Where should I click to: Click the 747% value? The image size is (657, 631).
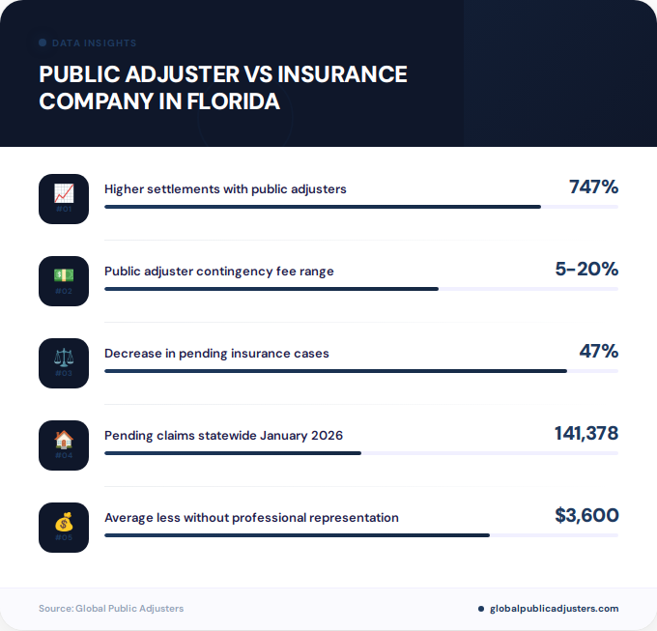tap(593, 187)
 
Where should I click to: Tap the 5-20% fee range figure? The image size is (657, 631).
tap(586, 270)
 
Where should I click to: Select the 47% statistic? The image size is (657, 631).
tap(598, 352)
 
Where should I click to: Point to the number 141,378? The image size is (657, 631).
tap(586, 434)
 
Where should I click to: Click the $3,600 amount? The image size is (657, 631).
tap(586, 516)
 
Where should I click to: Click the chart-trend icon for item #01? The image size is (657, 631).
tap(64, 193)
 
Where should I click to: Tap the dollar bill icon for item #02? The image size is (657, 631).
tap(64, 275)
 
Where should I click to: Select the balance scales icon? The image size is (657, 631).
tap(64, 358)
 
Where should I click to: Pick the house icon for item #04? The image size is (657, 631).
tap(64, 440)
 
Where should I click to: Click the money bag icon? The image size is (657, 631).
tap(64, 523)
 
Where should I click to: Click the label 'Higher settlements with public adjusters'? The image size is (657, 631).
tap(225, 189)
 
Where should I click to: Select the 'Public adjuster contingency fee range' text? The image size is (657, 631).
tap(219, 272)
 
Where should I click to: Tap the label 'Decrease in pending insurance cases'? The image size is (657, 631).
tap(216, 354)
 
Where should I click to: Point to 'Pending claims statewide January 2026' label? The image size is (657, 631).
tap(223, 436)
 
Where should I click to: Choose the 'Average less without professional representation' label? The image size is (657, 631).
tap(251, 518)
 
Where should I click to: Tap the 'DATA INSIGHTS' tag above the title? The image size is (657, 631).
tap(94, 43)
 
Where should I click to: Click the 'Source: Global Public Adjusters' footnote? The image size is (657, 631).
tap(111, 609)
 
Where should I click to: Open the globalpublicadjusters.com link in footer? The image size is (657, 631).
tap(554, 609)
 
